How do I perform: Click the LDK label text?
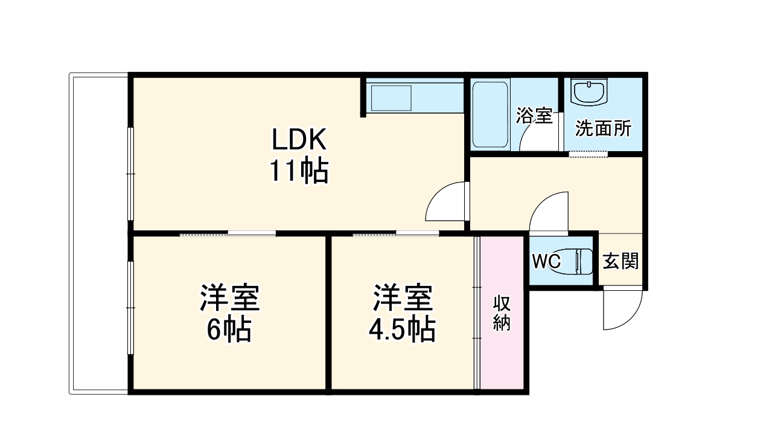click(299, 141)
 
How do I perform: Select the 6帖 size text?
click(229, 330)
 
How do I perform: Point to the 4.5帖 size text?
click(402, 330)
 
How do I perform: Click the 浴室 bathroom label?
click(534, 116)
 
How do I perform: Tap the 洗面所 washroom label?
click(603, 128)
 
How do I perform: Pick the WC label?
click(546, 262)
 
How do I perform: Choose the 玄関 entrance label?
click(621, 261)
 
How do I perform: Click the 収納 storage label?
click(502, 313)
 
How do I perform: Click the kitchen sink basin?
click(391, 97)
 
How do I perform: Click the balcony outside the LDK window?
click(100, 233)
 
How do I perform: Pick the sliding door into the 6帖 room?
click(228, 233)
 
